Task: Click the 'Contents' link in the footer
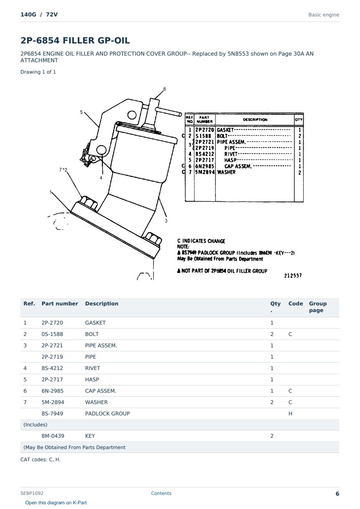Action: pyautogui.click(x=161, y=493)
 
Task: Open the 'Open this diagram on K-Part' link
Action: pyautogui.click(x=56, y=502)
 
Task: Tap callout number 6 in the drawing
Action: pyautogui.click(x=165, y=89)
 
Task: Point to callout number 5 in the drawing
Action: pyautogui.click(x=81, y=112)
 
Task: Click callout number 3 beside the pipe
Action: pyautogui.click(x=166, y=221)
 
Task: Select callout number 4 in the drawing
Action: pyautogui.click(x=101, y=178)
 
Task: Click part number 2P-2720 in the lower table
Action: pyautogui.click(x=52, y=323)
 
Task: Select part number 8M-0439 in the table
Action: pyautogui.click(x=53, y=436)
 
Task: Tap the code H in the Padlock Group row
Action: pyautogui.click(x=290, y=413)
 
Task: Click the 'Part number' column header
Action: pyautogui.click(x=60, y=303)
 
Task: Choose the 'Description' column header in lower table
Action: pyautogui.click(x=102, y=303)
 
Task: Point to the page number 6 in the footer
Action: pyautogui.click(x=337, y=494)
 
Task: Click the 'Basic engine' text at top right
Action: pyautogui.click(x=324, y=15)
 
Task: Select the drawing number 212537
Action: pyautogui.click(x=293, y=276)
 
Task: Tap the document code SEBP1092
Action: pyautogui.click(x=32, y=493)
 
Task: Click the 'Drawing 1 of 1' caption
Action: pyautogui.click(x=38, y=72)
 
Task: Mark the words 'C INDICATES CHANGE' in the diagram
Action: pyautogui.click(x=201, y=241)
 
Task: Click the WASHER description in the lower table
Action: pyautogui.click(x=96, y=402)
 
